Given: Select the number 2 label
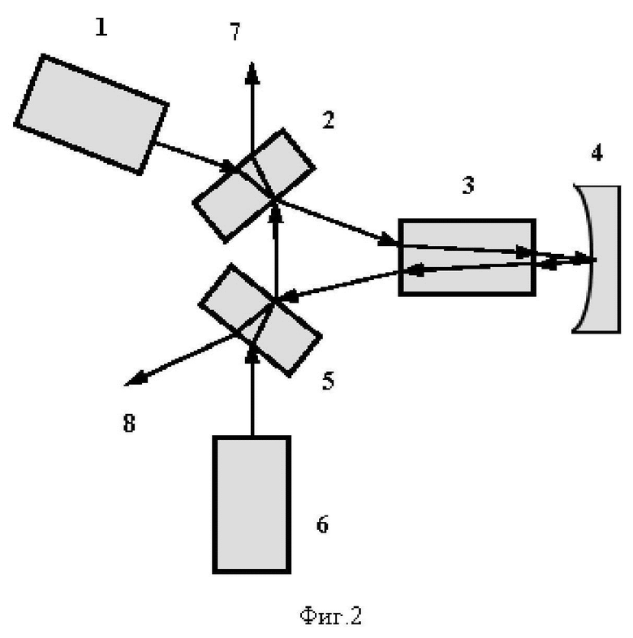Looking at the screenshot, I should pyautogui.click(x=328, y=121).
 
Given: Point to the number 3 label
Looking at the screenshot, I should pyautogui.click(x=468, y=184).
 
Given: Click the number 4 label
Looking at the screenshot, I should pyautogui.click(x=596, y=153).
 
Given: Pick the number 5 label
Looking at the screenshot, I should pyautogui.click(x=328, y=381).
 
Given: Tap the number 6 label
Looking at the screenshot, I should pyautogui.click(x=322, y=524).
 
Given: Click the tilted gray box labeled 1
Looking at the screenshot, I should pyautogui.click(x=92, y=113).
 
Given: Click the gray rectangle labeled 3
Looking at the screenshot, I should pyautogui.click(x=467, y=256).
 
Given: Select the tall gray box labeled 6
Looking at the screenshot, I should pyautogui.click(x=252, y=503).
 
